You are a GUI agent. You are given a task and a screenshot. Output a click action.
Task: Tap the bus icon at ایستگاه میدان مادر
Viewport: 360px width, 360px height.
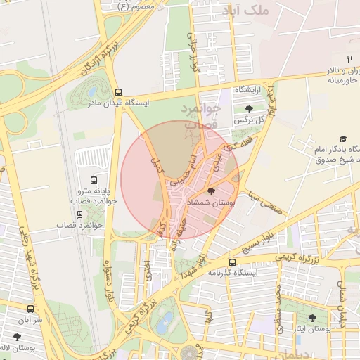(x=118, y=91)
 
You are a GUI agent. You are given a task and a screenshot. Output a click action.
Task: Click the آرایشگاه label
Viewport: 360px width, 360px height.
(x=249, y=90)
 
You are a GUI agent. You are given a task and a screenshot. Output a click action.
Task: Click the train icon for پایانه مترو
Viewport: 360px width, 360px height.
(x=96, y=179)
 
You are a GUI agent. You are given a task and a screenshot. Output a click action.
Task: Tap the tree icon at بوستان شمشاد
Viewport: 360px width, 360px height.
(x=212, y=191)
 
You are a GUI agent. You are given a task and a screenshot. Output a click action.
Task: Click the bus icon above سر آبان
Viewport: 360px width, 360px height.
(x=30, y=309)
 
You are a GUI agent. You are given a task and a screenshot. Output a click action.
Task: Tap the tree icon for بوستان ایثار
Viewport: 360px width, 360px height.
(x=312, y=318)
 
